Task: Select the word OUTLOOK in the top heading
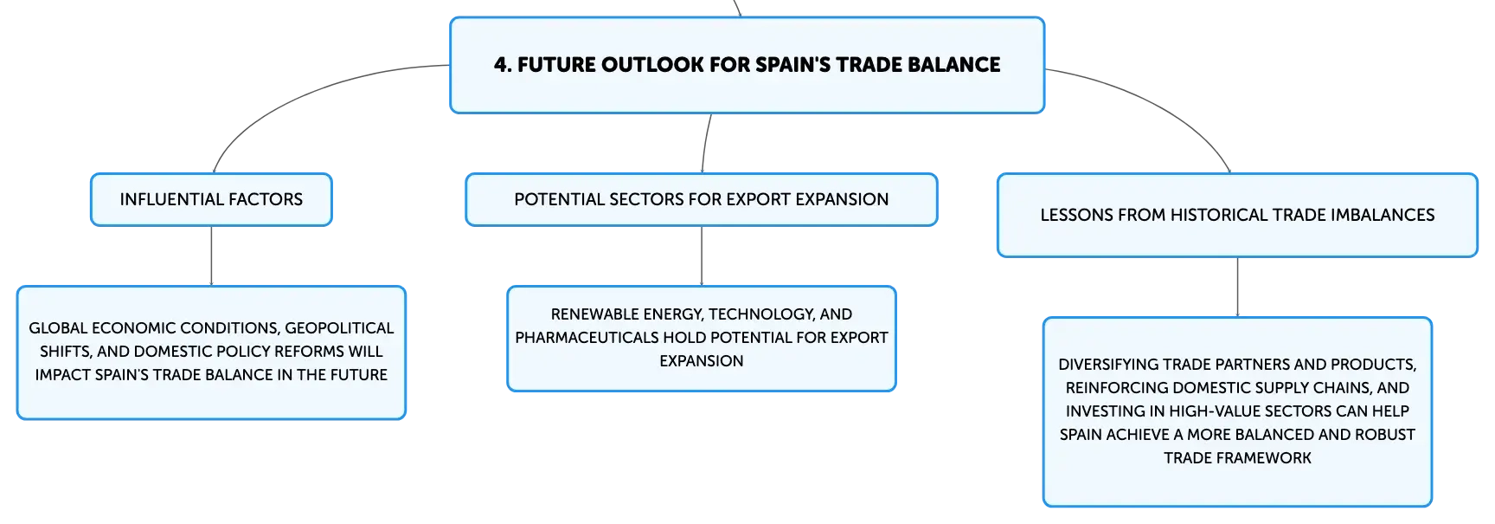pos(640,65)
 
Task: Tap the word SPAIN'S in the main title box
pos(793,65)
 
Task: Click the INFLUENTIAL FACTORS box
pos(211,199)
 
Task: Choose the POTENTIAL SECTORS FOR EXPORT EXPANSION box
pos(702,199)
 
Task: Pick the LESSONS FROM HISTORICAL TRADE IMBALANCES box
pos(1237,215)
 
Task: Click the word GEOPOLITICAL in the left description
pos(339,328)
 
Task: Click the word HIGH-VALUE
pos(1215,411)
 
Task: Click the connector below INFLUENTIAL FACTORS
pos(211,256)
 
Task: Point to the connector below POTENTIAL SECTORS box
pos(702,256)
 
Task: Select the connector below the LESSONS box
pos(1237,288)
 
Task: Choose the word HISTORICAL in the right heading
pos(1216,215)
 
